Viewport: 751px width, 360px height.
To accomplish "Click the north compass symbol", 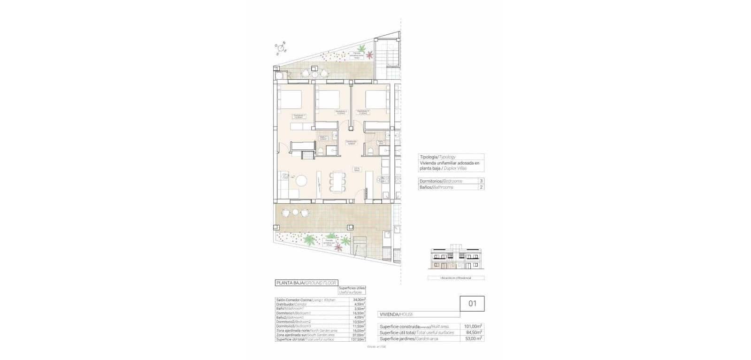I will coord(281,47).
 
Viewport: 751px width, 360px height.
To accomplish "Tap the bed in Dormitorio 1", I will coord(289,99).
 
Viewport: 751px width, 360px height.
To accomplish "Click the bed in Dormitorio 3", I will coord(377,100).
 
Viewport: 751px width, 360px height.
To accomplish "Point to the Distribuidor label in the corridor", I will coord(350,142).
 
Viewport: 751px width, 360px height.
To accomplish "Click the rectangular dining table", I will coord(337,180).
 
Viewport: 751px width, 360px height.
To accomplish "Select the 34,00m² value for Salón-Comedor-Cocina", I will coord(359,299).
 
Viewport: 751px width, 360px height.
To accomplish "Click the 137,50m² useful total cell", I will coord(359,339).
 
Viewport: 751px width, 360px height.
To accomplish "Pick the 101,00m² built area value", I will coord(473,326).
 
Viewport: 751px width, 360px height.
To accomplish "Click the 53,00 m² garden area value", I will coord(473,338).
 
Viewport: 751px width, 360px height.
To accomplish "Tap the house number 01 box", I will coord(472,304).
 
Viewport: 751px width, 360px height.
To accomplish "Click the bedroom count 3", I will coord(481,181).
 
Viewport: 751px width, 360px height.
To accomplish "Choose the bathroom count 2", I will coord(481,187).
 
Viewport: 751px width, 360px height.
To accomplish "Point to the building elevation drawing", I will coord(455,259).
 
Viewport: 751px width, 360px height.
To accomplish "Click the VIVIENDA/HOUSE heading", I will coord(397,314).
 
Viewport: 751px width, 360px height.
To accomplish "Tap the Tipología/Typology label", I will coord(437,157).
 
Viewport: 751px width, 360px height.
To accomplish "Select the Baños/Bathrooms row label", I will coord(437,187).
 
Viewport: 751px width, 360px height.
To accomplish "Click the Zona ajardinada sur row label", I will coord(305,335).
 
